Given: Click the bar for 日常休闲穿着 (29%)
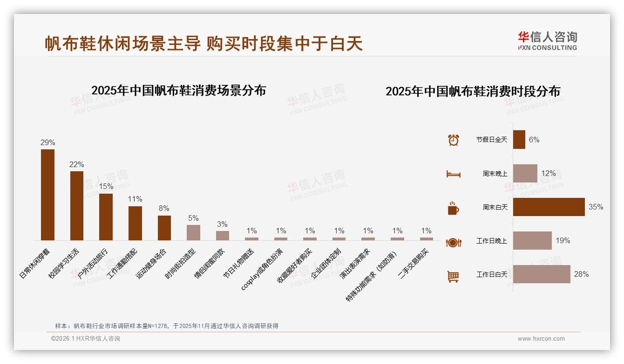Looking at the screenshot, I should pos(48,195).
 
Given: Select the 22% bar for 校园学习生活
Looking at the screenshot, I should pos(77,205).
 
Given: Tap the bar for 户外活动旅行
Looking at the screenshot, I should pos(106,217).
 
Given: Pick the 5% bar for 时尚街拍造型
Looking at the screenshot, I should pos(193,232).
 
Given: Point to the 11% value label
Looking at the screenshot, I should pos(135,199).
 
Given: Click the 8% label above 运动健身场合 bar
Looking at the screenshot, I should pos(164,209).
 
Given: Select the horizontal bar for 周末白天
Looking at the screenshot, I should pos(549,207).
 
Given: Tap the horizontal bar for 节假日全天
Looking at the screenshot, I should pos(519,140).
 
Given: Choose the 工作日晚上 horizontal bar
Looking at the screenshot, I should pos(532,241).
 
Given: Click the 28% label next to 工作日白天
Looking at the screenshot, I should pos(581,274).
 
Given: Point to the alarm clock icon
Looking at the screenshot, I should pos(453,140).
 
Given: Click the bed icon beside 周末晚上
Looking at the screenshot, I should pos(453,174).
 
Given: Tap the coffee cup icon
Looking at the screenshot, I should pos(453,208).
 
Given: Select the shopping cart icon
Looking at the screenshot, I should pos(453,276).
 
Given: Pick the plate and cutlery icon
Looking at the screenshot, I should pos(453,242).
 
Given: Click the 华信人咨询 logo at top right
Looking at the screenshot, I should pos(548,41).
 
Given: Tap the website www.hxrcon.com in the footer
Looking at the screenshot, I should pos(541,339).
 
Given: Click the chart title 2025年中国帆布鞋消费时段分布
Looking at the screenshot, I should pos(473,91).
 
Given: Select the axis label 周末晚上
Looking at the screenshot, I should pos(495,174).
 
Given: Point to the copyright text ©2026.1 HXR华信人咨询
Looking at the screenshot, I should pos(86,339).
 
